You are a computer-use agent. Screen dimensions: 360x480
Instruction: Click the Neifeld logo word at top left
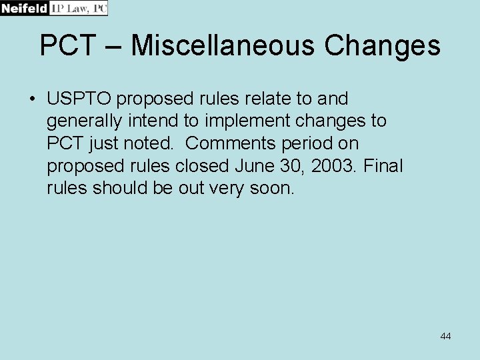24,8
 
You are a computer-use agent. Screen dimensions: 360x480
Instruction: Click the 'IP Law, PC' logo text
78,8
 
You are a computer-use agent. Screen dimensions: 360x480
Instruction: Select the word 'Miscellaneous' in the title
223,46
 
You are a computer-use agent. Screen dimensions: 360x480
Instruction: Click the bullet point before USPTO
32,99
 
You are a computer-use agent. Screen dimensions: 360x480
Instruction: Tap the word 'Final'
383,165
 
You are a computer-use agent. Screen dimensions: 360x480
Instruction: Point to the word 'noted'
150,143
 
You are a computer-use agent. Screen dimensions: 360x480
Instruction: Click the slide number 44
445,336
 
